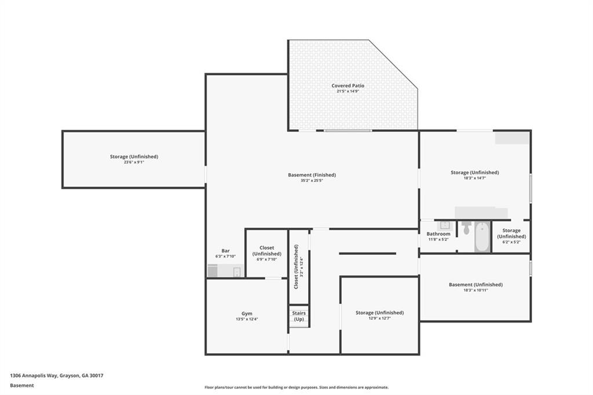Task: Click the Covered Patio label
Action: pos(347,86)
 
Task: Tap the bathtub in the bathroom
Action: pos(482,236)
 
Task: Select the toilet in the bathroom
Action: pos(467,228)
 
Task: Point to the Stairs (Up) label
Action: pos(299,316)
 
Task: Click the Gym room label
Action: pos(247,313)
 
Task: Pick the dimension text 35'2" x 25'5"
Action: pos(312,181)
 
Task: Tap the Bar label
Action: pos(225,251)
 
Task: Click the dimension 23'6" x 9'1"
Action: pos(134,162)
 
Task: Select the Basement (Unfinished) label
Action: pos(475,284)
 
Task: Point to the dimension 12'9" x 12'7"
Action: pos(379,319)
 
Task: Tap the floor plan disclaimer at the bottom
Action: pos(296,387)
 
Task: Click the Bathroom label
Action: pos(438,234)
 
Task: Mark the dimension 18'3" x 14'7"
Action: pos(474,178)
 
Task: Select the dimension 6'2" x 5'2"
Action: pos(511,242)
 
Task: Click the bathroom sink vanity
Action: pos(445,225)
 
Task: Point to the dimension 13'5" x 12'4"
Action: pos(247,319)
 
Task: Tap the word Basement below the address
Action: pos(22,385)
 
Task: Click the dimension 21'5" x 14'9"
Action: pos(347,91)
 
